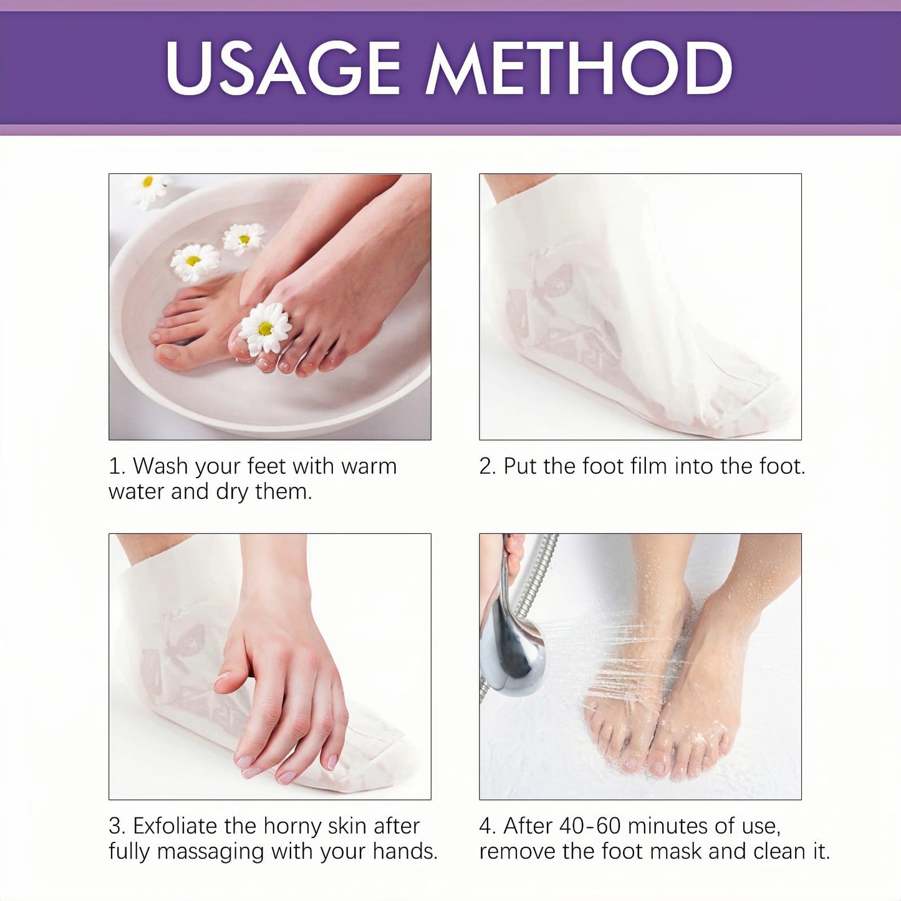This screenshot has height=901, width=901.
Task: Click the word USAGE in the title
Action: tap(282, 68)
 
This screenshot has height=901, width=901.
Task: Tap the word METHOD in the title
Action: tap(579, 68)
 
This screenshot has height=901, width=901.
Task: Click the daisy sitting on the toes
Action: tap(265, 327)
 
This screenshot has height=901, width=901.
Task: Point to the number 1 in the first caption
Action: tap(114, 466)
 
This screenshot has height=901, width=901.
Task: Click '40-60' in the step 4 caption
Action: tap(590, 826)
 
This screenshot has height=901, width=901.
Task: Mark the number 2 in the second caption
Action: tap(486, 466)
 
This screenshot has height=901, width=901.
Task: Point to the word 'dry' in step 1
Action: tap(232, 493)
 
